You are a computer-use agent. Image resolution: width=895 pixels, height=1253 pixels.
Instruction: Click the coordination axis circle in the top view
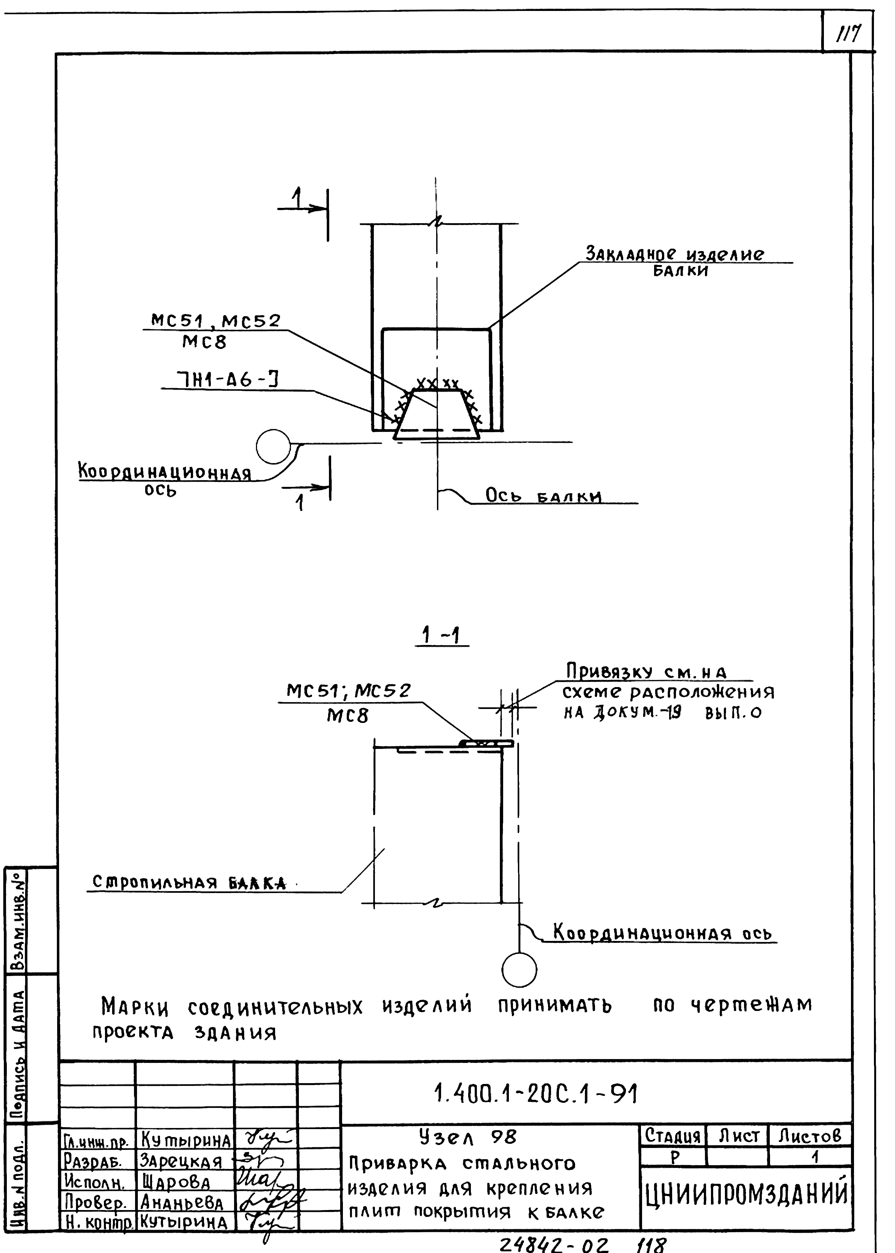273,446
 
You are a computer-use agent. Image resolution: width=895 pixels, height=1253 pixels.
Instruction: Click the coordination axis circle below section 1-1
519,970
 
